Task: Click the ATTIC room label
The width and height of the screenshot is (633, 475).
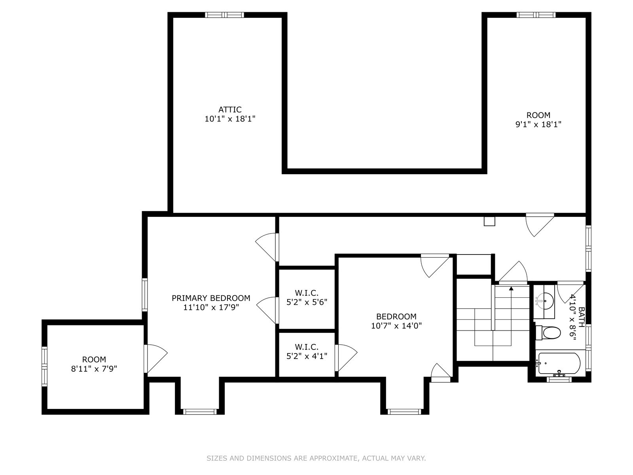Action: coord(230,110)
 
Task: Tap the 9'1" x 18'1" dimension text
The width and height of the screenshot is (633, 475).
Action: coord(538,124)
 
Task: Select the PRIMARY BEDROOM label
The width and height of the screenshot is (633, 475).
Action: coord(211,298)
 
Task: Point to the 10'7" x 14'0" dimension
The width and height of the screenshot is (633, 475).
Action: coord(396,326)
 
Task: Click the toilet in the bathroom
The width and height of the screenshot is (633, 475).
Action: coord(548,333)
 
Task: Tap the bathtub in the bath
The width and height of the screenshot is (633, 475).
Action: coord(558,364)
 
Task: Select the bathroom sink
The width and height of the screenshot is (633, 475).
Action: coord(544,302)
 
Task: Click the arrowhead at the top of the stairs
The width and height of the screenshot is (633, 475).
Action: coord(511,289)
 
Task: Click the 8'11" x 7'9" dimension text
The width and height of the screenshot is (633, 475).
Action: coord(94,369)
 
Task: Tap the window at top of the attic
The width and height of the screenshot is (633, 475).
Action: coord(224,15)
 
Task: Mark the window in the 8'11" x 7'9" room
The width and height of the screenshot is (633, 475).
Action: coord(44,366)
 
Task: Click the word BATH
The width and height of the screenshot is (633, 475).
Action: coord(582,317)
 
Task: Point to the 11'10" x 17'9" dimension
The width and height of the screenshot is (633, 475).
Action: coord(211,307)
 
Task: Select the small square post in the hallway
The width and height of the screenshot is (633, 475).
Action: coord(489,221)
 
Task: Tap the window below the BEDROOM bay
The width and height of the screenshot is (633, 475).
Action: coord(404,412)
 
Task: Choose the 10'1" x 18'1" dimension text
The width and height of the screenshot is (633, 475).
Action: coord(230,119)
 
